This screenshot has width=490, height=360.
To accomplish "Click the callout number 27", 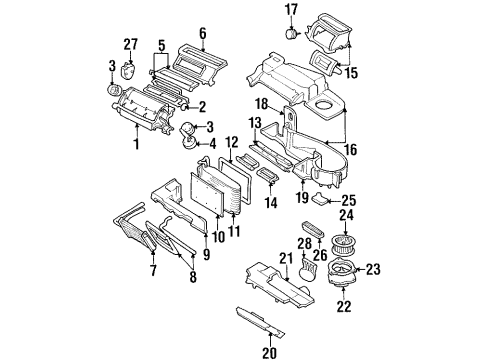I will click(x=128, y=44).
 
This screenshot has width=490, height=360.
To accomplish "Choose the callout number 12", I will click(x=230, y=144).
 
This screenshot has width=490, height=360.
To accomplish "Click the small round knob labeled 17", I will click(x=291, y=32).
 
